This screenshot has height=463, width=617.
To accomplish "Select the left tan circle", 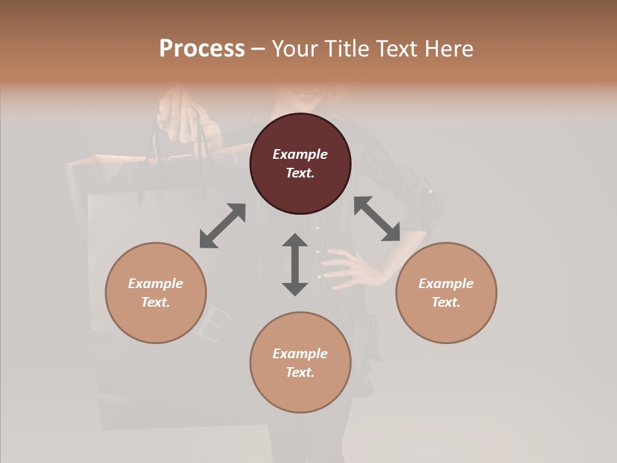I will (156, 293).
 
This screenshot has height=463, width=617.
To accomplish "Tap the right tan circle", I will (446, 293).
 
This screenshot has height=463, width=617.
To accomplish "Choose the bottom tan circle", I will (300, 363).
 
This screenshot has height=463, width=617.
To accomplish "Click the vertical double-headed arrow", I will (295, 264).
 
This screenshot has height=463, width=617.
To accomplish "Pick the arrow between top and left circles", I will (222, 226).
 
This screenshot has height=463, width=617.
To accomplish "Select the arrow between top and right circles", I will (377, 219).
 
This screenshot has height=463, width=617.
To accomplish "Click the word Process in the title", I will (202, 49).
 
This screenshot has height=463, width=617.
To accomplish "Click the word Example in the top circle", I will (300, 154).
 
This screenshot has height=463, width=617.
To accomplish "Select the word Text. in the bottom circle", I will (300, 372).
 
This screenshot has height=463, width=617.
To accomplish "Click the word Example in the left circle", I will (156, 284).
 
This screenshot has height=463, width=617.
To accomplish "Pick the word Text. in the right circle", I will (446, 302).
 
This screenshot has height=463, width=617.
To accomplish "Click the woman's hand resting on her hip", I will (347, 267).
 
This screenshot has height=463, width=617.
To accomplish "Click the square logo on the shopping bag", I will (212, 322).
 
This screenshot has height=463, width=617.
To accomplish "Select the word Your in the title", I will (293, 49).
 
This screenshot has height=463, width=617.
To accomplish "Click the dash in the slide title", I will (258, 50).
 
